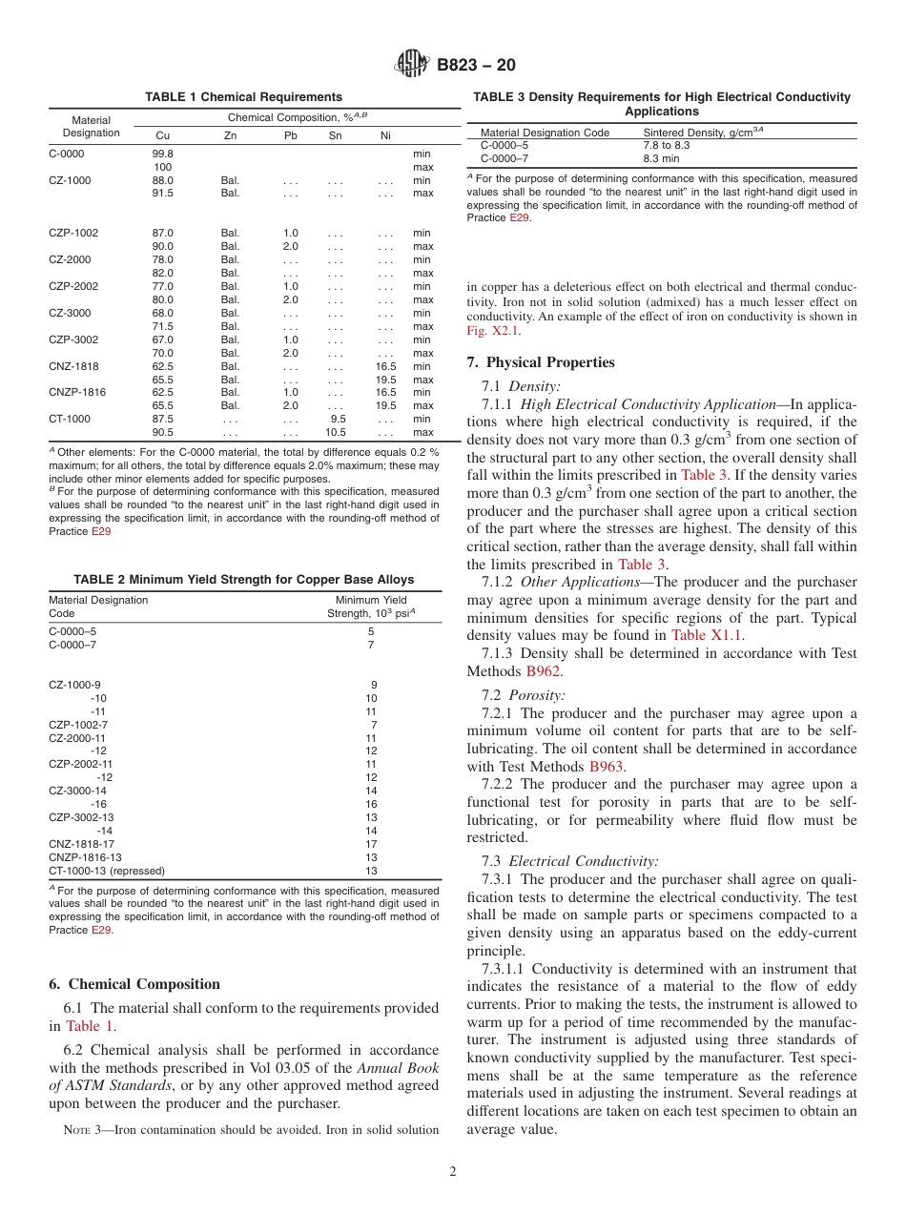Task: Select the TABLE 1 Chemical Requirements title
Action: click(x=243, y=97)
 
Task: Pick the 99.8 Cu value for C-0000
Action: click(x=163, y=154)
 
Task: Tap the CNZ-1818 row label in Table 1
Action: click(x=73, y=366)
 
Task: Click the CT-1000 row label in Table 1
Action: click(x=70, y=419)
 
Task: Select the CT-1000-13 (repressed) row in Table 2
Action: click(x=107, y=871)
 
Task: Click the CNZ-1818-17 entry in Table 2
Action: click(x=82, y=844)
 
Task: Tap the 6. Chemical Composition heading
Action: click(x=134, y=984)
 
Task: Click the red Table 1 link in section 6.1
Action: click(x=90, y=1026)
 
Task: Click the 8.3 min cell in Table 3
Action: click(x=661, y=158)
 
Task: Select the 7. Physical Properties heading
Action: click(x=541, y=362)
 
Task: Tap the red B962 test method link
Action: click(x=543, y=671)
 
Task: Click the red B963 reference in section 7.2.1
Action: click(x=606, y=766)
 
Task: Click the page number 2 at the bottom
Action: click(x=453, y=1172)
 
